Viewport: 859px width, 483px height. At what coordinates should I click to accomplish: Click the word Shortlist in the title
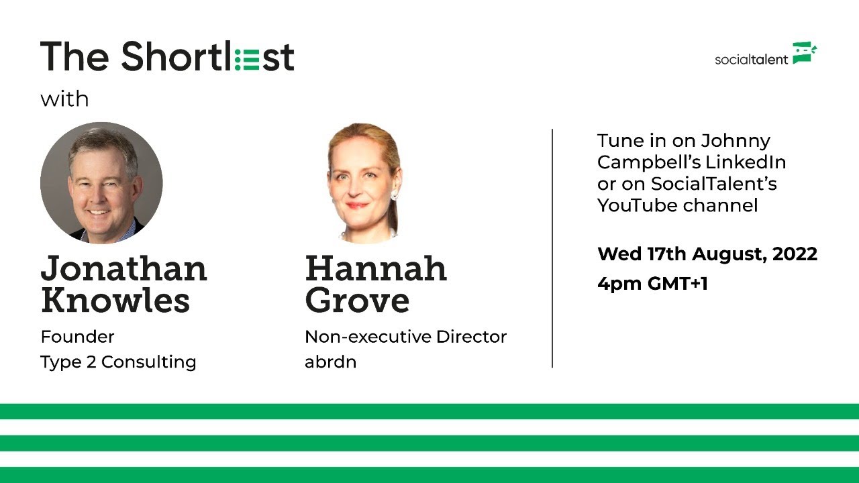coord(207,57)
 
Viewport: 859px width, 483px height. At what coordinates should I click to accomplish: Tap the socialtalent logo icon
coord(805,53)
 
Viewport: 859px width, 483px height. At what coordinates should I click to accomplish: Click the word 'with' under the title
coord(64,99)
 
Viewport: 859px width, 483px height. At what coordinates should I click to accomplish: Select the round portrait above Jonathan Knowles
coord(101,182)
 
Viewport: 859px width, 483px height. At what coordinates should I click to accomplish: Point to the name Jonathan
coord(124,269)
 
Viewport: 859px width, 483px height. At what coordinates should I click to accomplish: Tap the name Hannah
coord(376,269)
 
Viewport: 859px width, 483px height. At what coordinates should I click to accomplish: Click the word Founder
coord(77,336)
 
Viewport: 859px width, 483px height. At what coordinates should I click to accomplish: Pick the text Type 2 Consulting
coord(118,362)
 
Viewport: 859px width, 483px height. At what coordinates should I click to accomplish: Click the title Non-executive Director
coord(405,336)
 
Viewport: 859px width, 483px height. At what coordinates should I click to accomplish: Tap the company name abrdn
coord(330,362)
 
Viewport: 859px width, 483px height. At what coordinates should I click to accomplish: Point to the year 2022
coord(795,254)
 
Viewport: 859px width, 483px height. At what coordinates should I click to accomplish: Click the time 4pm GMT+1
coord(652,284)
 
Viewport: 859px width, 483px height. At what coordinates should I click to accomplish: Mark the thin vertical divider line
coord(552,248)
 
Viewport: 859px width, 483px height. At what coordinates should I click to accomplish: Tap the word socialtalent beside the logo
coord(751,59)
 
